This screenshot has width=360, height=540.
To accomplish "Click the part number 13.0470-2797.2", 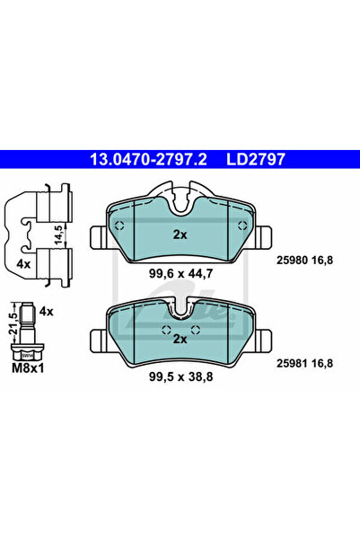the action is pyautogui.click(x=148, y=159).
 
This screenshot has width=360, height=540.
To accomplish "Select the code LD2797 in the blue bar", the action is pyautogui.click(x=256, y=159).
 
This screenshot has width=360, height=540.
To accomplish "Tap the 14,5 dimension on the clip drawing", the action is pyautogui.click(x=59, y=235).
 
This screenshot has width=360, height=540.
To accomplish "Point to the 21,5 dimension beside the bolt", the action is pyautogui.click(x=13, y=323).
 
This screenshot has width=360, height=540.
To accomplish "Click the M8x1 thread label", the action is pyautogui.click(x=28, y=368).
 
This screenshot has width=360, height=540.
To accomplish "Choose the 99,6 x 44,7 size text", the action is pyautogui.click(x=181, y=274).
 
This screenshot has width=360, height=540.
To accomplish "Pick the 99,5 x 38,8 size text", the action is pyautogui.click(x=181, y=376).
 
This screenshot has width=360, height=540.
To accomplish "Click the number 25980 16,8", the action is pyautogui.click(x=305, y=260).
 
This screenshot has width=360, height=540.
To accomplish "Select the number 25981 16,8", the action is pyautogui.click(x=305, y=363).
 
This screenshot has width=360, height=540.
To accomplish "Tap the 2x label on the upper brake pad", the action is pyautogui.click(x=180, y=235).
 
